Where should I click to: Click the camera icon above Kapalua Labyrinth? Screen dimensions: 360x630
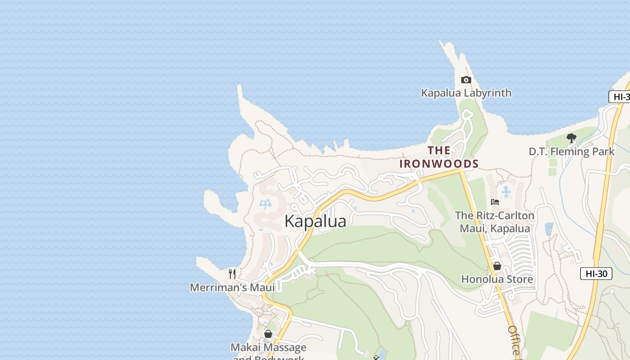click(x=466, y=80)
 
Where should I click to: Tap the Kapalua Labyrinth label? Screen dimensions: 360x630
click(x=466, y=93)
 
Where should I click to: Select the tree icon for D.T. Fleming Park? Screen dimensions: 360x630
click(x=571, y=138)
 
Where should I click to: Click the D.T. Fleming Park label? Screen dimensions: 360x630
click(x=571, y=152)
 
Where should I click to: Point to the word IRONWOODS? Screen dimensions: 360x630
click(x=439, y=164)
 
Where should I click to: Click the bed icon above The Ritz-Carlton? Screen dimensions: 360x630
click(x=495, y=202)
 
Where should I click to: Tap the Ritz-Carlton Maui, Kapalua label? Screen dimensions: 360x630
click(x=495, y=222)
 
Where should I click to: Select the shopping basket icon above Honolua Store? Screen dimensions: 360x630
click(x=497, y=266)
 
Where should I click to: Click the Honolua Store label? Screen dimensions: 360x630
click(x=497, y=279)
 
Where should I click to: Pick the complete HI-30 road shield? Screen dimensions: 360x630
click(x=596, y=273)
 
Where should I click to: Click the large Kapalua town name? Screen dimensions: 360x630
click(x=315, y=221)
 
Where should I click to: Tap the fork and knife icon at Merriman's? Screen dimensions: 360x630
click(x=232, y=274)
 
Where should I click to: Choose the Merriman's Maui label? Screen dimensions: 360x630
click(x=232, y=288)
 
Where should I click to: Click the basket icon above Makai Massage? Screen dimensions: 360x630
click(x=268, y=334)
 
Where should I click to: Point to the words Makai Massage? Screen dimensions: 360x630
click(x=268, y=347)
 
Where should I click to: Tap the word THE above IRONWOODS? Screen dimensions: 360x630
click(x=439, y=150)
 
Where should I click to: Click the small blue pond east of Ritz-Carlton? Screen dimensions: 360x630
click(x=548, y=229)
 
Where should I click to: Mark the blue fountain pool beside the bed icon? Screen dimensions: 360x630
click(x=506, y=192)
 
